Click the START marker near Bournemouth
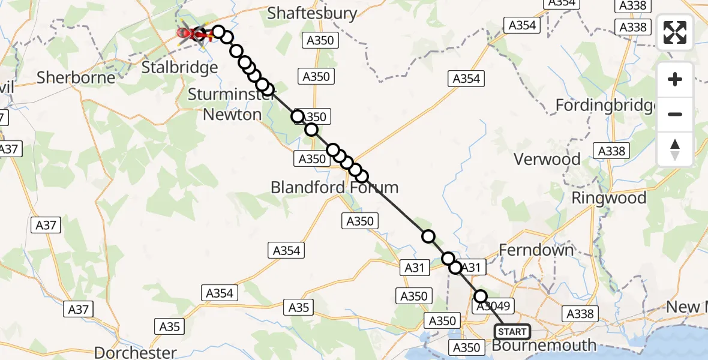point(512,332)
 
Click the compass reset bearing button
point(675,149)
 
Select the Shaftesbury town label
point(312,13)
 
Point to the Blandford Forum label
point(334,187)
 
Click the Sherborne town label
point(76,77)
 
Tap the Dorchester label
point(135,352)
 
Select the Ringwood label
point(608,198)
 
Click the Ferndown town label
point(537,250)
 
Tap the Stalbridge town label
point(179,67)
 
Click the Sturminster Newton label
point(225,104)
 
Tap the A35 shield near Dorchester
point(170,327)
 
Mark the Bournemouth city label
point(544,346)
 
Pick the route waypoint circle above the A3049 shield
point(480,296)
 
